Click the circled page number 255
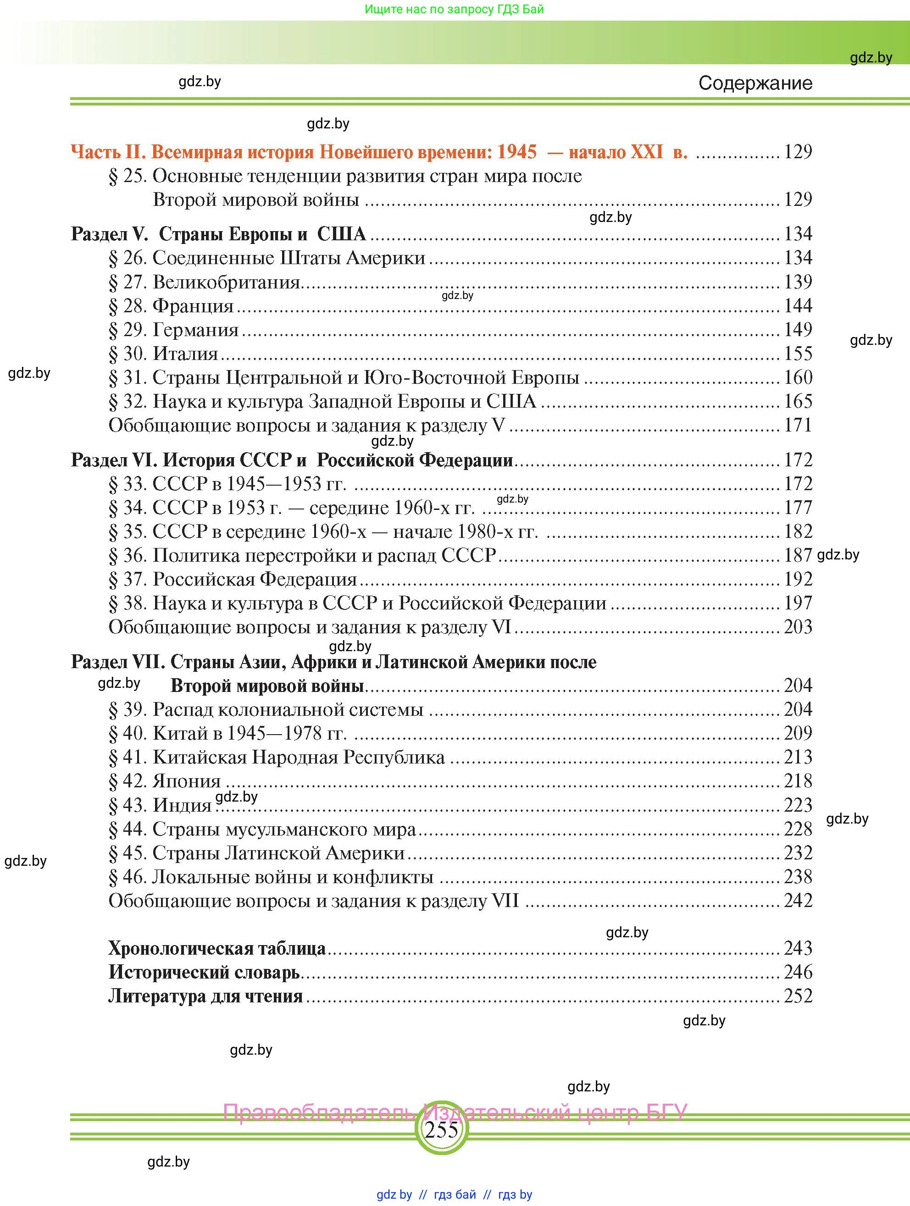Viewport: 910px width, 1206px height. click(x=441, y=1130)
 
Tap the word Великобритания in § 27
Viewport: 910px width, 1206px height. click(x=226, y=282)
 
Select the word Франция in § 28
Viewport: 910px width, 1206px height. click(x=193, y=306)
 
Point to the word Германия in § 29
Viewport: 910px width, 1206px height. click(x=195, y=330)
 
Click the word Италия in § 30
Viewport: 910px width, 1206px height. click(x=185, y=354)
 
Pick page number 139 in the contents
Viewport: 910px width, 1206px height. click(x=798, y=282)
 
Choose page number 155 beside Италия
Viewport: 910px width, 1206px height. click(x=798, y=354)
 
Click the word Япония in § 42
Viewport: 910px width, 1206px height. click(x=187, y=781)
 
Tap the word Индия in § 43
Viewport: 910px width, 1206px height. click(x=182, y=805)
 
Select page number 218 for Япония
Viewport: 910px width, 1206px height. click(x=798, y=781)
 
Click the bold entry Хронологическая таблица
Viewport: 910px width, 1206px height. click(x=216, y=949)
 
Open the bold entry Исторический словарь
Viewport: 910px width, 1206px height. click(x=204, y=973)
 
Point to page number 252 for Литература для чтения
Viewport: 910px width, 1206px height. click(x=798, y=996)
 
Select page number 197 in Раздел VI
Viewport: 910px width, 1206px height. click(x=798, y=603)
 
